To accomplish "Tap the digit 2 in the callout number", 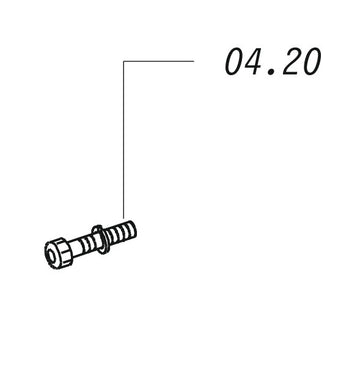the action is [291, 62].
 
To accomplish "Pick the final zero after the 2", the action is [311, 62].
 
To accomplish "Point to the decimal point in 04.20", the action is [272, 72].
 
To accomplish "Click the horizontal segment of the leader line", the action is [159, 61].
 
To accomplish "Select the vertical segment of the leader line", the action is [124, 140].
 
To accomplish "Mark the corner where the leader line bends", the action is [124, 61].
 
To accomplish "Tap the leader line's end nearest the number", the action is [194, 61].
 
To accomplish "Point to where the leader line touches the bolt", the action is [124, 219].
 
